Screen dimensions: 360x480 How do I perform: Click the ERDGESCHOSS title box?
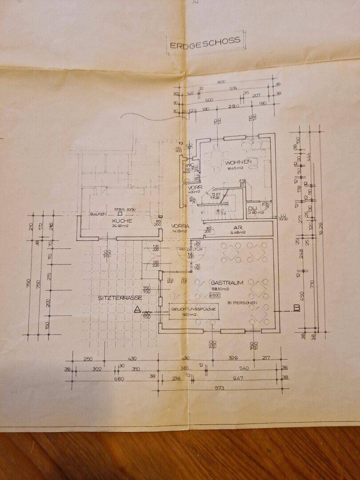[x=205, y=42]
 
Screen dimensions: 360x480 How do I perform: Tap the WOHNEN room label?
[x=239, y=162]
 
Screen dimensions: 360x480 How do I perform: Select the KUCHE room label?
[x=122, y=220]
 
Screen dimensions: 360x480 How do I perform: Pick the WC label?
[x=188, y=165]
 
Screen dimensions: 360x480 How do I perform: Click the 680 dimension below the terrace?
[x=119, y=379]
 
